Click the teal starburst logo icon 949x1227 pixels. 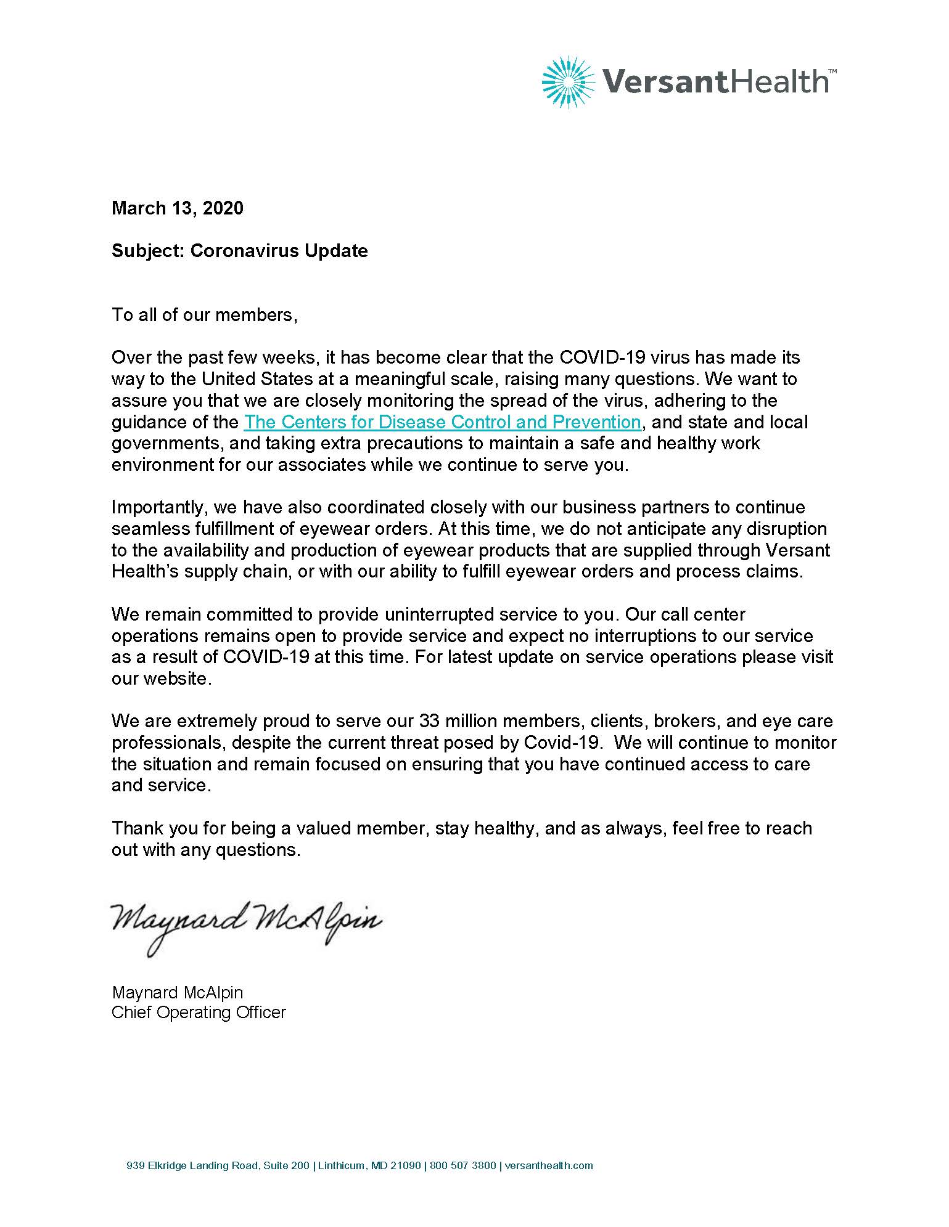pos(569,83)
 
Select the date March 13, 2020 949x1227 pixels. pos(178,208)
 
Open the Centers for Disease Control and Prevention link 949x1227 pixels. pos(442,422)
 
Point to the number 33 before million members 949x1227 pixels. pos(429,721)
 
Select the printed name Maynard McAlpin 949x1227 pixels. pos(178,993)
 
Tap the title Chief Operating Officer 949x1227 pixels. pos(199,1013)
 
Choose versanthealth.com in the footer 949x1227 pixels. pos(549,1166)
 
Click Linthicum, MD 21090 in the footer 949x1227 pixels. pos(369,1166)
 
